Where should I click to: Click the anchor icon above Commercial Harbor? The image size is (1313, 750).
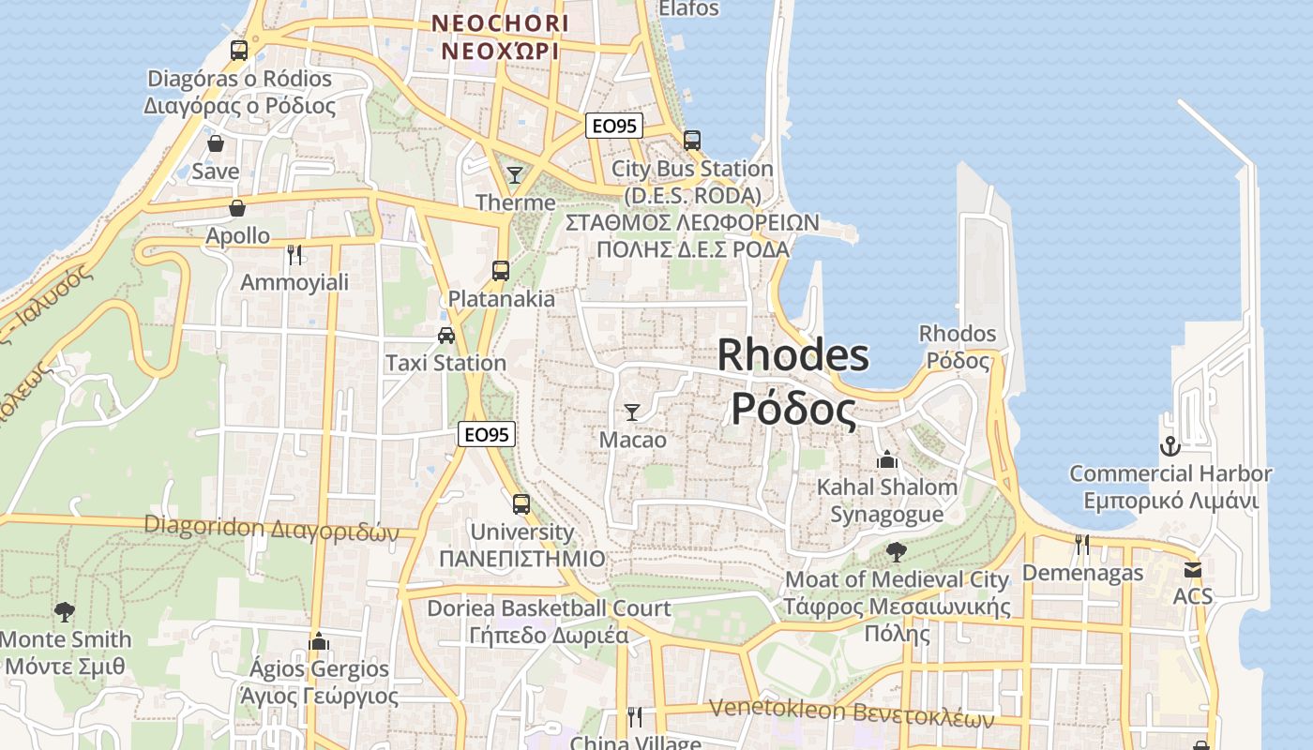1170,445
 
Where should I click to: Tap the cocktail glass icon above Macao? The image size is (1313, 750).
632,412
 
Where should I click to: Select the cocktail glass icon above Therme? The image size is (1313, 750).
515,174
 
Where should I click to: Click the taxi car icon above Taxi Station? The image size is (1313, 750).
446,336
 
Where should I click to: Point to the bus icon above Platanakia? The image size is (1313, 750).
501,271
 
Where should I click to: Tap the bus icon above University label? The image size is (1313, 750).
521,504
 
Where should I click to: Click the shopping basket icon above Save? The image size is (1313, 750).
216,144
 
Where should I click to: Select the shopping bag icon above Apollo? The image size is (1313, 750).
237,208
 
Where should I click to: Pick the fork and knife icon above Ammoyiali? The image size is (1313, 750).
294,254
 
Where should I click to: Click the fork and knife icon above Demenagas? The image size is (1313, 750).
1082,545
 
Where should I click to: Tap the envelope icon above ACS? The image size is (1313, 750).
1192,569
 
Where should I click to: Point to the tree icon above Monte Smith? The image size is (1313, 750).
65,612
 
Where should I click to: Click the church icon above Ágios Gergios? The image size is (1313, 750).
319,641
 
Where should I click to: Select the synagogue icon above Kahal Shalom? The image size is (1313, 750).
886,459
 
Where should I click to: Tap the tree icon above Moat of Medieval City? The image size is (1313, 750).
896,551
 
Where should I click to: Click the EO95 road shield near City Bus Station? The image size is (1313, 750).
614,126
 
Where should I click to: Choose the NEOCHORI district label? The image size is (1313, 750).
500,22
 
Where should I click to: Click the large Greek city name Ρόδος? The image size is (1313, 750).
793,410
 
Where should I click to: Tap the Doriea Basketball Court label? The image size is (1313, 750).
549,608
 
